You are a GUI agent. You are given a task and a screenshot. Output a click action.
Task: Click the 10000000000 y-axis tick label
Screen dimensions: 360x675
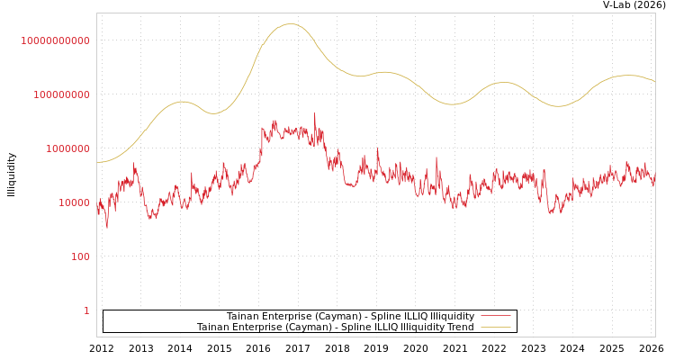55,40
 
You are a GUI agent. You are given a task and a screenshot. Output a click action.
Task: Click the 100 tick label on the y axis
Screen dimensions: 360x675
80,256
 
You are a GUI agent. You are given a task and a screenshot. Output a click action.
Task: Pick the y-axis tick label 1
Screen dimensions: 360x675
86,310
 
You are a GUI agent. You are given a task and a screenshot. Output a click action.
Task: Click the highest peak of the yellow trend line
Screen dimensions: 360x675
290,24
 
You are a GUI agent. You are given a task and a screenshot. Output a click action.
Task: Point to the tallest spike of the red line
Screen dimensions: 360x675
315,113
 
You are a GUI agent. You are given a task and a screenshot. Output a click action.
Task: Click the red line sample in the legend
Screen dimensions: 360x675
495,316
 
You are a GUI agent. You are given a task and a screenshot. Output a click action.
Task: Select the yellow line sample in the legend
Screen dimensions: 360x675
495,327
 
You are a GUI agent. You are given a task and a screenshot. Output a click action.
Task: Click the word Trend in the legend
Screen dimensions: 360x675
459,327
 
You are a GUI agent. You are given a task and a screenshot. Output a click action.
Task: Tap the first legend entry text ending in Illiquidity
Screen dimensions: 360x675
350,316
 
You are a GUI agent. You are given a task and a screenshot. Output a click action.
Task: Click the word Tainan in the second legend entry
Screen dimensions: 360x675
214,327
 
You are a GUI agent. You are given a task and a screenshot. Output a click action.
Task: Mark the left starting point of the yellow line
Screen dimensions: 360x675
97,162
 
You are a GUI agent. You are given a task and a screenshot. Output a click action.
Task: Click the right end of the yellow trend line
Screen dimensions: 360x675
655,82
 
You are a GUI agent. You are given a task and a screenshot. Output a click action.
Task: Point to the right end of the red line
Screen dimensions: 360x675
654,181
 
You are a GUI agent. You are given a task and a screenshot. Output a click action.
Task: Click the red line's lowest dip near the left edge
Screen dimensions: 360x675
106,227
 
